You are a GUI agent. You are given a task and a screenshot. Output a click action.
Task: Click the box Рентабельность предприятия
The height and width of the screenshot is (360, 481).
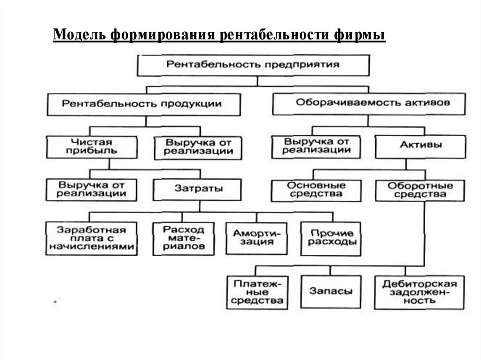pos(252,64)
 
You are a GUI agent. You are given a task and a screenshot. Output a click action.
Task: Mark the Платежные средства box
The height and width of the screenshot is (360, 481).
pos(257,292)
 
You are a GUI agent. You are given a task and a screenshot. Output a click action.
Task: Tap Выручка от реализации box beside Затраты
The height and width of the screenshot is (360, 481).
pos(92,189)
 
